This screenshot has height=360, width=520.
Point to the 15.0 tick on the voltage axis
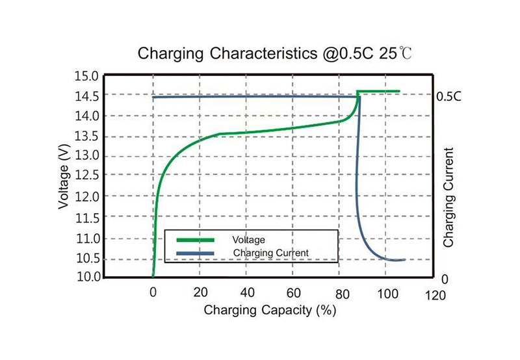click(x=87, y=75)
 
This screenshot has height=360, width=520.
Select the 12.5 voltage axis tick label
click(x=87, y=175)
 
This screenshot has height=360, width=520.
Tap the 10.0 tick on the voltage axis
click(x=87, y=277)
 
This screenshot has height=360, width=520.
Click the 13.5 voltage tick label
click(x=87, y=136)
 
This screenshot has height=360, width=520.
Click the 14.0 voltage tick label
click(x=87, y=116)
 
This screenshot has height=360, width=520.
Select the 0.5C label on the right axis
click(x=448, y=96)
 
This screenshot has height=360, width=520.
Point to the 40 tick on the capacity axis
click(x=247, y=292)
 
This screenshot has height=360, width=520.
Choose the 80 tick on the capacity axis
click(x=340, y=292)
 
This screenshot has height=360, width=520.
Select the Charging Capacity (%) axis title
click(x=269, y=310)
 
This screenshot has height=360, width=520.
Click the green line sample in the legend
click(x=196, y=240)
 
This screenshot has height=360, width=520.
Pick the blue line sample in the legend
click(x=196, y=252)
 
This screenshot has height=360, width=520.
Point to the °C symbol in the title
click(x=404, y=53)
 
